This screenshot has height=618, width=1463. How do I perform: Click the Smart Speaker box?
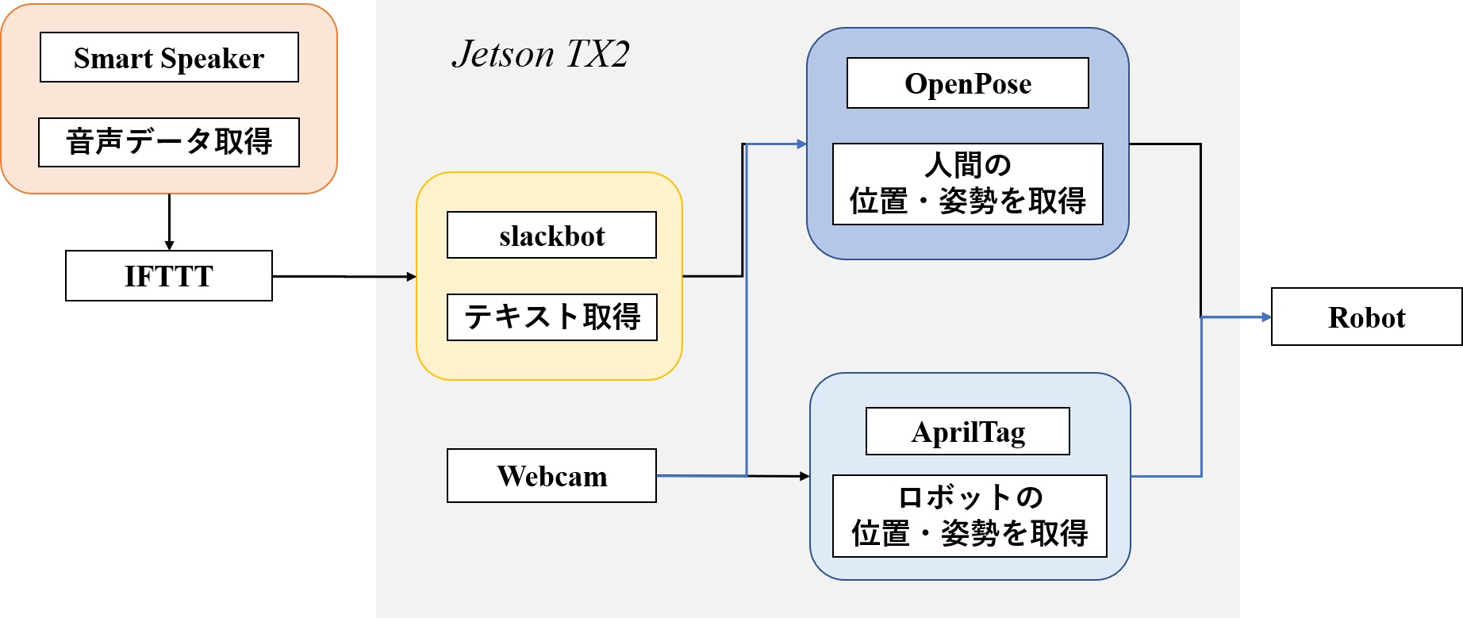pyautogui.click(x=169, y=57)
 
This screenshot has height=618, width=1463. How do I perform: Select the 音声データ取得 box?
pyautogui.click(x=169, y=142)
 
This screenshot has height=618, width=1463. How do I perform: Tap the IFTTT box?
pyautogui.click(x=169, y=276)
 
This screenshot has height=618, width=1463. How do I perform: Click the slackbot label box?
pyautogui.click(x=551, y=235)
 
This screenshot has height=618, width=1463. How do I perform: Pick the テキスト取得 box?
pyautogui.click(x=551, y=317)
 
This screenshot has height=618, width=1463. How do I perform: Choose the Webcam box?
pyautogui.click(x=551, y=476)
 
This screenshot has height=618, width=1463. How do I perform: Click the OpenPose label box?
pyautogui.click(x=968, y=83)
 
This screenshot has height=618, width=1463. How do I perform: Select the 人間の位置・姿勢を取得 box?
pyautogui.click(x=968, y=184)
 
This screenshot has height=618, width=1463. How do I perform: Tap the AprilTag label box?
pyautogui.click(x=968, y=432)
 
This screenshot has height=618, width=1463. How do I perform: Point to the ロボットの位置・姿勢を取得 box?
pyautogui.click(x=970, y=516)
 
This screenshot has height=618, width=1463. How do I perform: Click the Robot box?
pyautogui.click(x=1366, y=317)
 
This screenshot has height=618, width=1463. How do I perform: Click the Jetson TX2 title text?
pyautogui.click(x=540, y=54)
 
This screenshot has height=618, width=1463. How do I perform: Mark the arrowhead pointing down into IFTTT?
pyautogui.click(x=169, y=246)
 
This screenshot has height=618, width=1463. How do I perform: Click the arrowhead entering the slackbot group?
pyautogui.click(x=411, y=277)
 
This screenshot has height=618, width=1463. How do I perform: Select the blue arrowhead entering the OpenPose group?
pyautogui.click(x=802, y=144)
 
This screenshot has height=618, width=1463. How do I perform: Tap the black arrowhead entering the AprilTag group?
pyautogui.click(x=804, y=476)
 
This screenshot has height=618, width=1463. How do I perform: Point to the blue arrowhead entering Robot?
pyautogui.click(x=1266, y=317)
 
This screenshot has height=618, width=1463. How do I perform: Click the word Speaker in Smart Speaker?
pyautogui.click(x=212, y=59)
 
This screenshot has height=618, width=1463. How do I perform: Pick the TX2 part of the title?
pyautogui.click(x=598, y=54)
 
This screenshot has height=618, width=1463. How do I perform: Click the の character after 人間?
pyautogui.click(x=998, y=166)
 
